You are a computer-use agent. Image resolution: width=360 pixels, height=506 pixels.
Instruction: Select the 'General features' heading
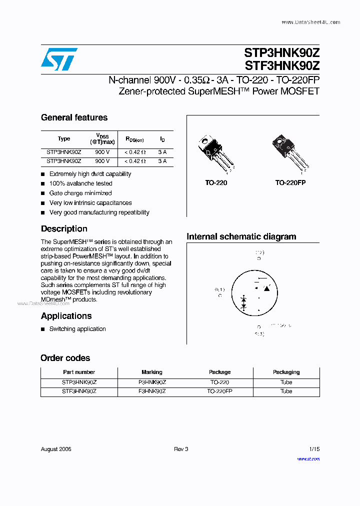[74, 117]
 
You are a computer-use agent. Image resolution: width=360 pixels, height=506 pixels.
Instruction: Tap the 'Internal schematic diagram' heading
[241, 236]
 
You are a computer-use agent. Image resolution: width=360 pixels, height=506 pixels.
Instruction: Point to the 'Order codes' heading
[65, 358]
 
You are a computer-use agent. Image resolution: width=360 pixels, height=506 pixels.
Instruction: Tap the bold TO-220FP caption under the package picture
[290, 183]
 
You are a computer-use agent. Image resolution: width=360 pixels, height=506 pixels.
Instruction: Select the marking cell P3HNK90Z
[152, 382]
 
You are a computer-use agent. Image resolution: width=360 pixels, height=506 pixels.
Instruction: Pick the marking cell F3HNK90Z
[152, 391]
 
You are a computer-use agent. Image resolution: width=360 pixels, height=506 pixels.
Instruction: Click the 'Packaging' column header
[286, 372]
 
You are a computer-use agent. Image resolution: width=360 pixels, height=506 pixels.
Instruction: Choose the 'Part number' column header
[79, 372]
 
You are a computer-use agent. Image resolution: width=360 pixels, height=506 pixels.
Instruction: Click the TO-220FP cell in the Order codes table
[219, 391]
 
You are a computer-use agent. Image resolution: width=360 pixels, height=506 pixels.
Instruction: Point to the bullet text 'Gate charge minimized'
[80, 193]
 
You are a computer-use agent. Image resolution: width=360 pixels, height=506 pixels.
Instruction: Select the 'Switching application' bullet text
[77, 329]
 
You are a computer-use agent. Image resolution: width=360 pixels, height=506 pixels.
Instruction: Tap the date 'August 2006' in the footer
[56, 449]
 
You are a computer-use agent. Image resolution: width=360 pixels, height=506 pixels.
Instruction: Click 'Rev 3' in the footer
[181, 449]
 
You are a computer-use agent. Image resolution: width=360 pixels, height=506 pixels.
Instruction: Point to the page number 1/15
[314, 449]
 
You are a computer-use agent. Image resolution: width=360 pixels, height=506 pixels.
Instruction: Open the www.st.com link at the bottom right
[308, 459]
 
